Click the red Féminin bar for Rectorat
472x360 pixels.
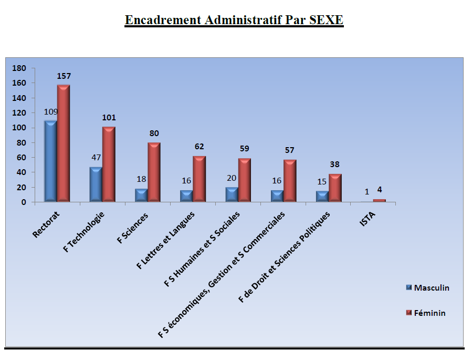tap(64, 143)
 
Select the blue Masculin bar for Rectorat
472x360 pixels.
tap(50, 161)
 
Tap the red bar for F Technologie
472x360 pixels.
tap(109, 164)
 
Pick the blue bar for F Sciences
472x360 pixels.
tap(141, 195)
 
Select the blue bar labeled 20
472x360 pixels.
tap(232, 194)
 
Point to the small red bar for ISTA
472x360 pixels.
tap(380, 200)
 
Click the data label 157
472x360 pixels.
tap(64, 76)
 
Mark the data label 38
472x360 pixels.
tap(335, 164)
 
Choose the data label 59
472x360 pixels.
tap(245, 148)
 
